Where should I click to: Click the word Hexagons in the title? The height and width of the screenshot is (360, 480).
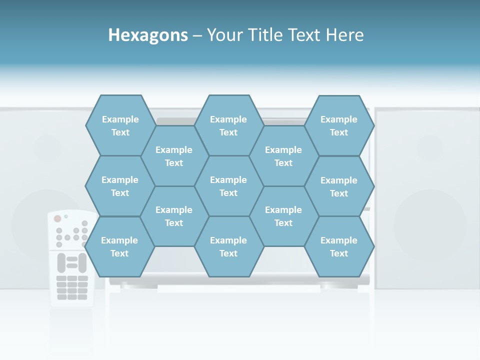point(148,35)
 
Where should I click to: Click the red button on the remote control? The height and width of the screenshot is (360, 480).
point(57,218)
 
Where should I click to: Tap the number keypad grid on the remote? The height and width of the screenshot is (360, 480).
point(72,287)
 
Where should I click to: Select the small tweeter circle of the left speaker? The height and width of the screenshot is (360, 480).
point(47,147)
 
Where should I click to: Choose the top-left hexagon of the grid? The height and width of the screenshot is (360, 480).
point(120,125)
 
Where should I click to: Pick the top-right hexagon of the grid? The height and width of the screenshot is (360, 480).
point(339,125)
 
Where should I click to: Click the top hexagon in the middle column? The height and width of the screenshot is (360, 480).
point(228,125)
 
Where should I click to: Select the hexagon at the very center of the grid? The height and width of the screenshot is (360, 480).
point(228,186)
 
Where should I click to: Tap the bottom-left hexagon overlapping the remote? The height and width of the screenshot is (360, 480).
point(119,246)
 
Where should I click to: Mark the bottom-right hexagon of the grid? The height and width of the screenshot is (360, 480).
point(339,246)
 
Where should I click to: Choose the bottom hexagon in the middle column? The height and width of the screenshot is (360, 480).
point(228,246)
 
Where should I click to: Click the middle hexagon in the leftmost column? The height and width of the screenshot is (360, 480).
point(120,186)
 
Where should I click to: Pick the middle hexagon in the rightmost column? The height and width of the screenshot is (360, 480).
point(339,186)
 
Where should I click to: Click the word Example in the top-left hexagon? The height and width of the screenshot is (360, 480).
point(120,119)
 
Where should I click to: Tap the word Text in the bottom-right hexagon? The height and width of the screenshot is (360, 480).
point(339,253)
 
